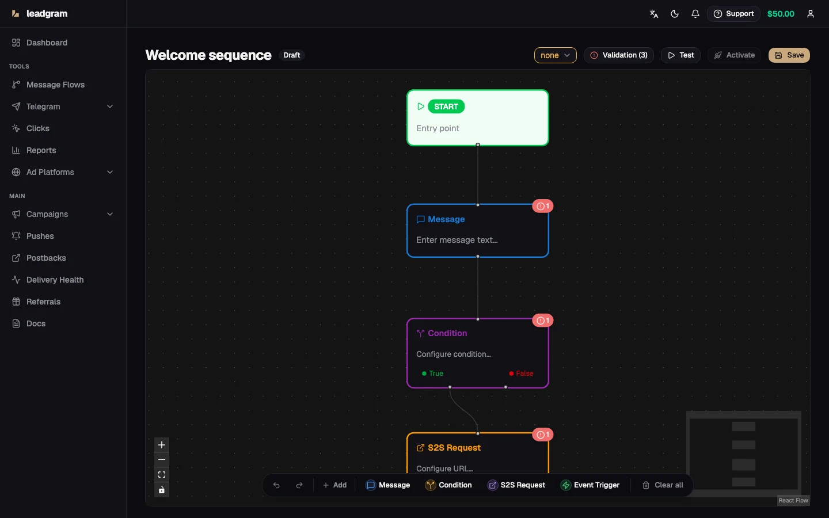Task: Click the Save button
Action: (789, 55)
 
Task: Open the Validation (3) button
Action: (618, 55)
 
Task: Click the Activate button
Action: (734, 55)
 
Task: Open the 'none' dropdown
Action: (555, 55)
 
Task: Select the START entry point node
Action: (477, 117)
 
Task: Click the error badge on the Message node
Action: (543, 206)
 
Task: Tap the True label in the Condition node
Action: (436, 374)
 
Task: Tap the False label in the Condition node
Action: (524, 374)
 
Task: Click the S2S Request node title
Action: (454, 448)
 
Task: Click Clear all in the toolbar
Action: (663, 485)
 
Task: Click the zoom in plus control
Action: (162, 445)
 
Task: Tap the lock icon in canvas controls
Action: (162, 490)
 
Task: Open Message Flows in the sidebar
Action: (55, 85)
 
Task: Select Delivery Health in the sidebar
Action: (55, 280)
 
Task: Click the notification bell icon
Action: (695, 14)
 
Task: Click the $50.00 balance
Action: (781, 14)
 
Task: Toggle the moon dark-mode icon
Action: (675, 14)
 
